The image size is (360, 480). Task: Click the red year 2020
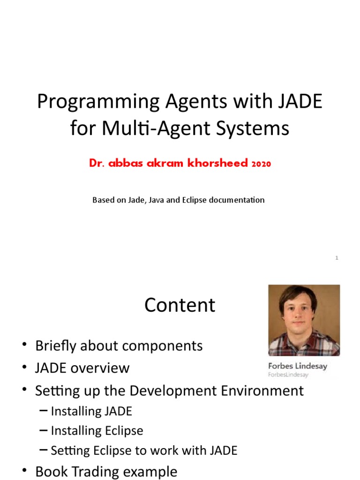[x=261, y=164]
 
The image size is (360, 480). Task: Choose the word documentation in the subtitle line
[x=236, y=200]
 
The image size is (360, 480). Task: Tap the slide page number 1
[x=337, y=258]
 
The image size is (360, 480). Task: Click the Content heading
[x=180, y=305]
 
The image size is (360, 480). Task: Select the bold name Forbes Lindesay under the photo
[x=297, y=366]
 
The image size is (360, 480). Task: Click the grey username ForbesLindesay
[x=288, y=375]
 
